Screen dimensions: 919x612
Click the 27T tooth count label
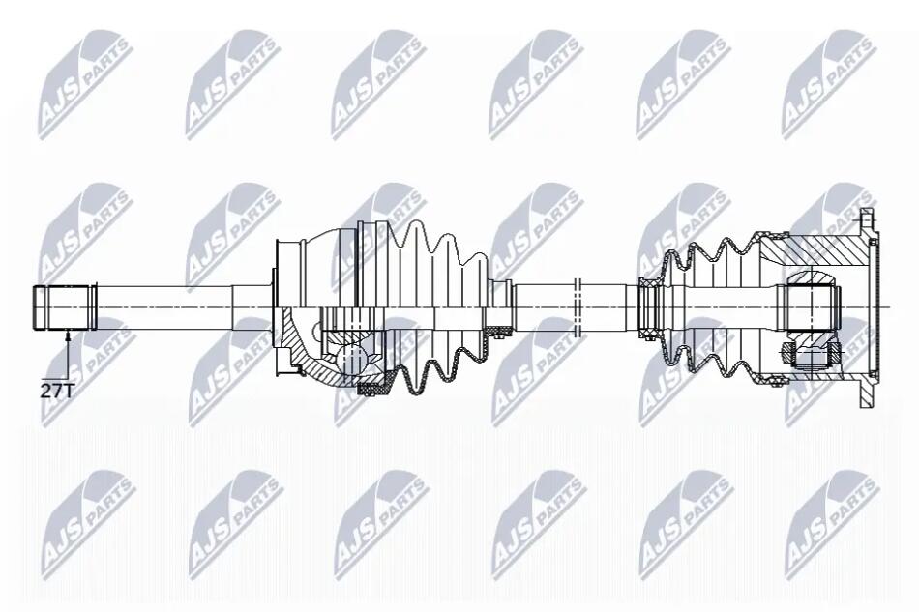pos(57,391)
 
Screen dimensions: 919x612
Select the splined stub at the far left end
pos(65,308)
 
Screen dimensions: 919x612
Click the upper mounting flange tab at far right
pos(866,219)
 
